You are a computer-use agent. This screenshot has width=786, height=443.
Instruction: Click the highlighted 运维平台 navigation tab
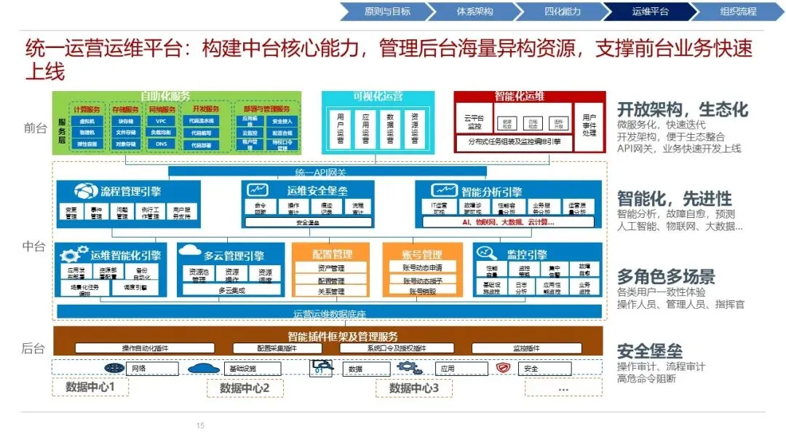click(x=650, y=11)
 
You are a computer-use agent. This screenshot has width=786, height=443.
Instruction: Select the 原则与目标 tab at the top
click(x=387, y=11)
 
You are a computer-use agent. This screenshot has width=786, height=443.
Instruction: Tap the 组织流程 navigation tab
click(x=738, y=11)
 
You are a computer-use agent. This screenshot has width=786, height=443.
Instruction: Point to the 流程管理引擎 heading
click(x=131, y=192)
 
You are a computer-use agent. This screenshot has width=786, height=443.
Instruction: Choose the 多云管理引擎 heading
click(x=234, y=255)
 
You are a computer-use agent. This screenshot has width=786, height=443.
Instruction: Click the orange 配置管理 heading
click(x=333, y=254)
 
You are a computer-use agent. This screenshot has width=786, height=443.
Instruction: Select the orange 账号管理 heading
click(x=422, y=254)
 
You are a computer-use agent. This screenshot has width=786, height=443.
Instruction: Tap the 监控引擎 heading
click(x=526, y=254)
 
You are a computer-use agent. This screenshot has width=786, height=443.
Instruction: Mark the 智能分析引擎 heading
click(x=491, y=192)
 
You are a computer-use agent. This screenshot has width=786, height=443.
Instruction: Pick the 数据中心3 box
click(x=414, y=388)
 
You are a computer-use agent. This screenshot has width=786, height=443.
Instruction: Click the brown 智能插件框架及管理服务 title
click(x=343, y=336)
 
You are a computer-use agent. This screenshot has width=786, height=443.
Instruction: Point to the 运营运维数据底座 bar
click(x=330, y=313)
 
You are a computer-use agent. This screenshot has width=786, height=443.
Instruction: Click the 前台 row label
click(x=34, y=128)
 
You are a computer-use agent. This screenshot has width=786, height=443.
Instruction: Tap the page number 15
click(x=201, y=426)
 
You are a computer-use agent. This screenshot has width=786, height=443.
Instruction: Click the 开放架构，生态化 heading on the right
click(x=682, y=109)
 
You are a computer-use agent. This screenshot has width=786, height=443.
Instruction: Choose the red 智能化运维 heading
click(x=520, y=96)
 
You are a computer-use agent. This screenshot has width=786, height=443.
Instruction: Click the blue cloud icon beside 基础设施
click(x=204, y=368)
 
